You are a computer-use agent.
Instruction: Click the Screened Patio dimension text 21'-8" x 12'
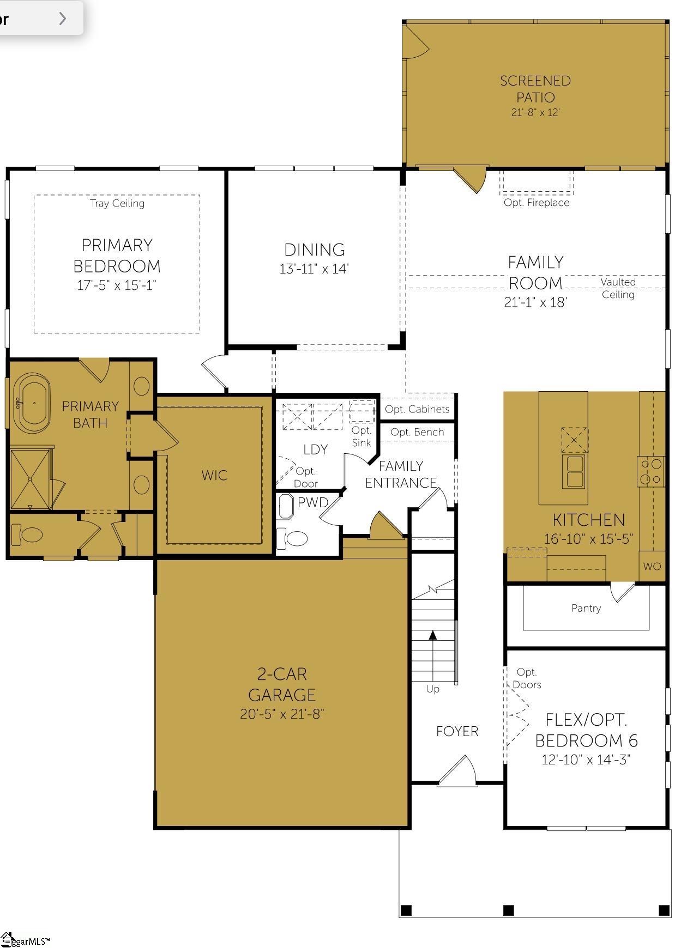[x=535, y=112]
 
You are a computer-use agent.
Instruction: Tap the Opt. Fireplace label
[x=537, y=203]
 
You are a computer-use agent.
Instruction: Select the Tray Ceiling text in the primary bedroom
[x=117, y=203]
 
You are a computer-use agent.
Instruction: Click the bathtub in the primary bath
[x=33, y=403]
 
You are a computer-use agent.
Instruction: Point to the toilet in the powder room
[x=292, y=538]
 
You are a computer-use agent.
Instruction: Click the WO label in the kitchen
[x=652, y=566]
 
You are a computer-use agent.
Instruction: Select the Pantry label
[x=586, y=608]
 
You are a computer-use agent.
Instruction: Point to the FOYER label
[x=457, y=731]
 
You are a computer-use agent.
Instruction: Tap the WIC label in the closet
[x=214, y=475]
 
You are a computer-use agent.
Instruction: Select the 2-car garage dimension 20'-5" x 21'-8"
[x=282, y=714]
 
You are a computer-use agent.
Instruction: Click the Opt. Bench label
[x=417, y=432]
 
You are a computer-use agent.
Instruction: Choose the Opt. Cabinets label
[x=417, y=409]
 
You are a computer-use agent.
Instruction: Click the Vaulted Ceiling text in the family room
[x=618, y=288]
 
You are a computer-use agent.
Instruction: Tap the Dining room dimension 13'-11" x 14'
[x=314, y=269]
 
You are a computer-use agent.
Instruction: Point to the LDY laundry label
[x=316, y=449]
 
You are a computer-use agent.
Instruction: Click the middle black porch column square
[x=508, y=910]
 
